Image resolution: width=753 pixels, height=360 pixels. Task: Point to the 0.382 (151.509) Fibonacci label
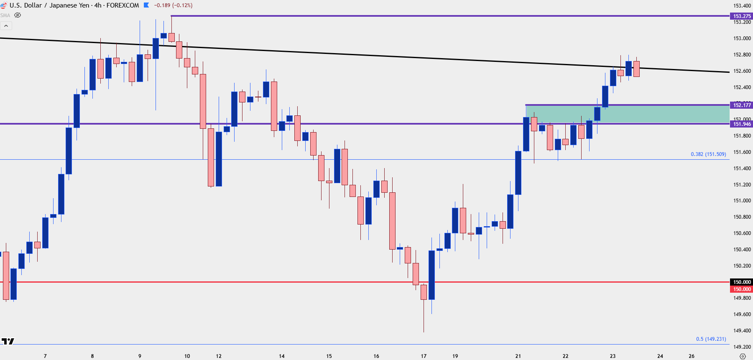(708, 154)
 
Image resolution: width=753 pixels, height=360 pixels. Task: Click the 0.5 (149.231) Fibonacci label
(711, 339)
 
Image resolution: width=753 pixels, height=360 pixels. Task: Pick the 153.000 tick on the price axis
(742, 38)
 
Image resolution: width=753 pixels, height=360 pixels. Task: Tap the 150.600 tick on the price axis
(742, 233)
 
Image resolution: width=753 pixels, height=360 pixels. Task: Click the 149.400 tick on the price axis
(742, 331)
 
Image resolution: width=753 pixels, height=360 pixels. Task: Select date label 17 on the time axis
(424, 356)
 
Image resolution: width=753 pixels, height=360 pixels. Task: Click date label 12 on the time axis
(219, 356)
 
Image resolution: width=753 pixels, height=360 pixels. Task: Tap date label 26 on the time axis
(692, 356)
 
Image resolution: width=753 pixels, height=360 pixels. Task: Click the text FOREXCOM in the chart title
(123, 5)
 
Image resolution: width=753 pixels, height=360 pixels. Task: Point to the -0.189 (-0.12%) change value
(173, 5)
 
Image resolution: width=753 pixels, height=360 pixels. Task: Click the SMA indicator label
(5, 15)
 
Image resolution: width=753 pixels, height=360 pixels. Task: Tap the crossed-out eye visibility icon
(18, 15)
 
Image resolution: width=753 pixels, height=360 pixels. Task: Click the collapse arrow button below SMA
(6, 26)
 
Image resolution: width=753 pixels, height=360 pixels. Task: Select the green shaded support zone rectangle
(627, 114)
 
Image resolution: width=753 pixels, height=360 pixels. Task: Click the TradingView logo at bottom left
(8, 341)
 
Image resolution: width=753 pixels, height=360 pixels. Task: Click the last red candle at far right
(636, 69)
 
